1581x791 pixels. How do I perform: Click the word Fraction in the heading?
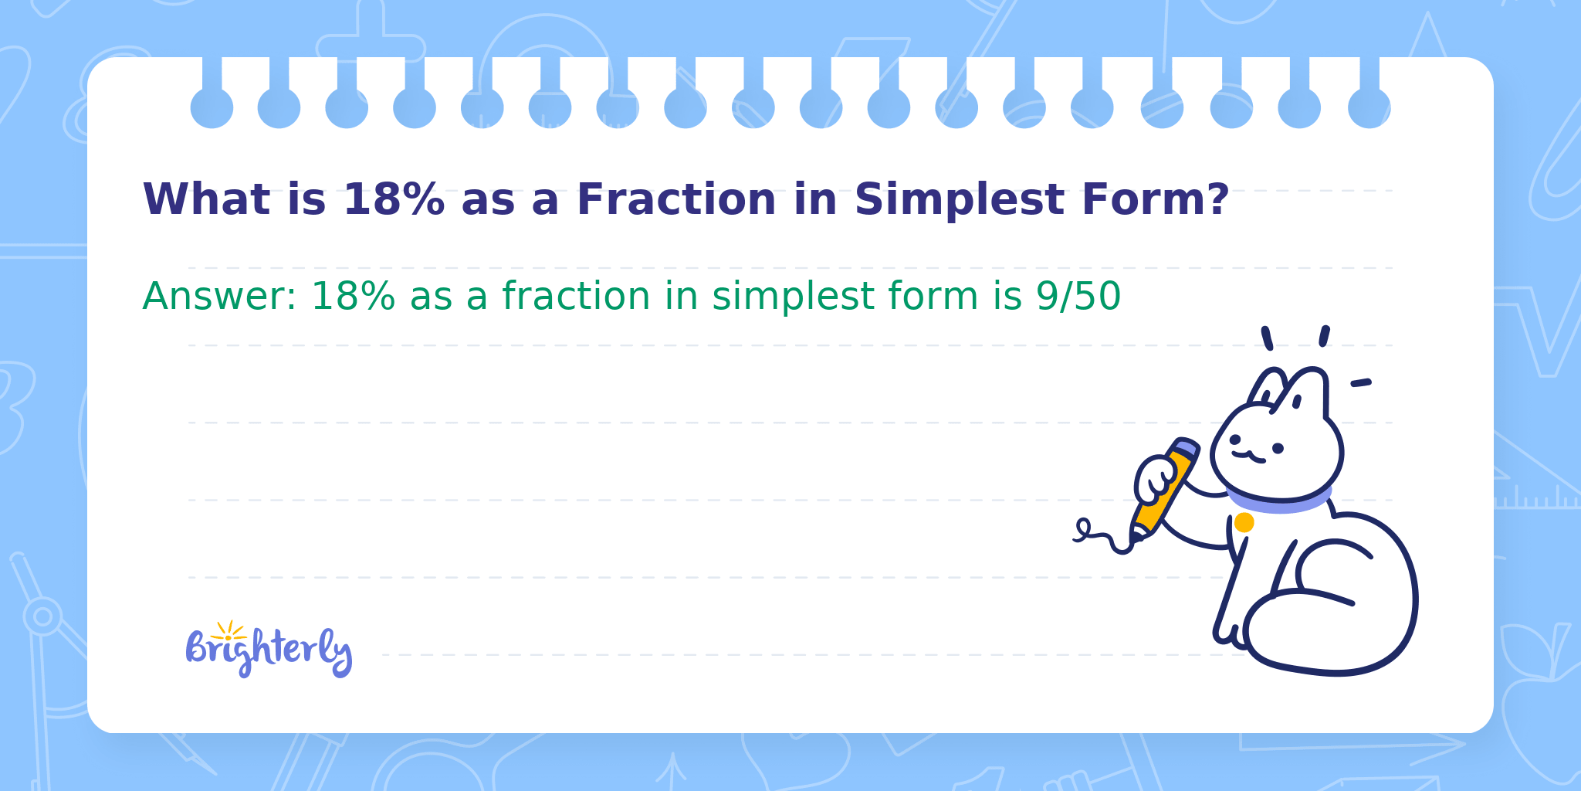pyautogui.click(x=676, y=199)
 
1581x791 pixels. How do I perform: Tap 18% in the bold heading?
pyautogui.click(x=394, y=199)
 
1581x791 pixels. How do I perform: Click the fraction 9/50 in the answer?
pyautogui.click(x=1078, y=296)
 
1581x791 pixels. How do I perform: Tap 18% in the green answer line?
pyautogui.click(x=353, y=297)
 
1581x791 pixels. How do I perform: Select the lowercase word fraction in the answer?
pyautogui.click(x=577, y=296)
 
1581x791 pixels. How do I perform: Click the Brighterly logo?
pyautogui.click(x=269, y=650)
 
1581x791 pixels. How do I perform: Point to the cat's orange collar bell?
pyautogui.click(x=1244, y=523)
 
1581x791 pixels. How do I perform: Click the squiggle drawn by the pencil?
pyautogui.click(x=1102, y=536)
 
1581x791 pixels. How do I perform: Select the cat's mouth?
pyautogui.click(x=1248, y=457)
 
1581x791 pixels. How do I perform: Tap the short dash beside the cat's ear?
pyautogui.click(x=1360, y=382)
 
